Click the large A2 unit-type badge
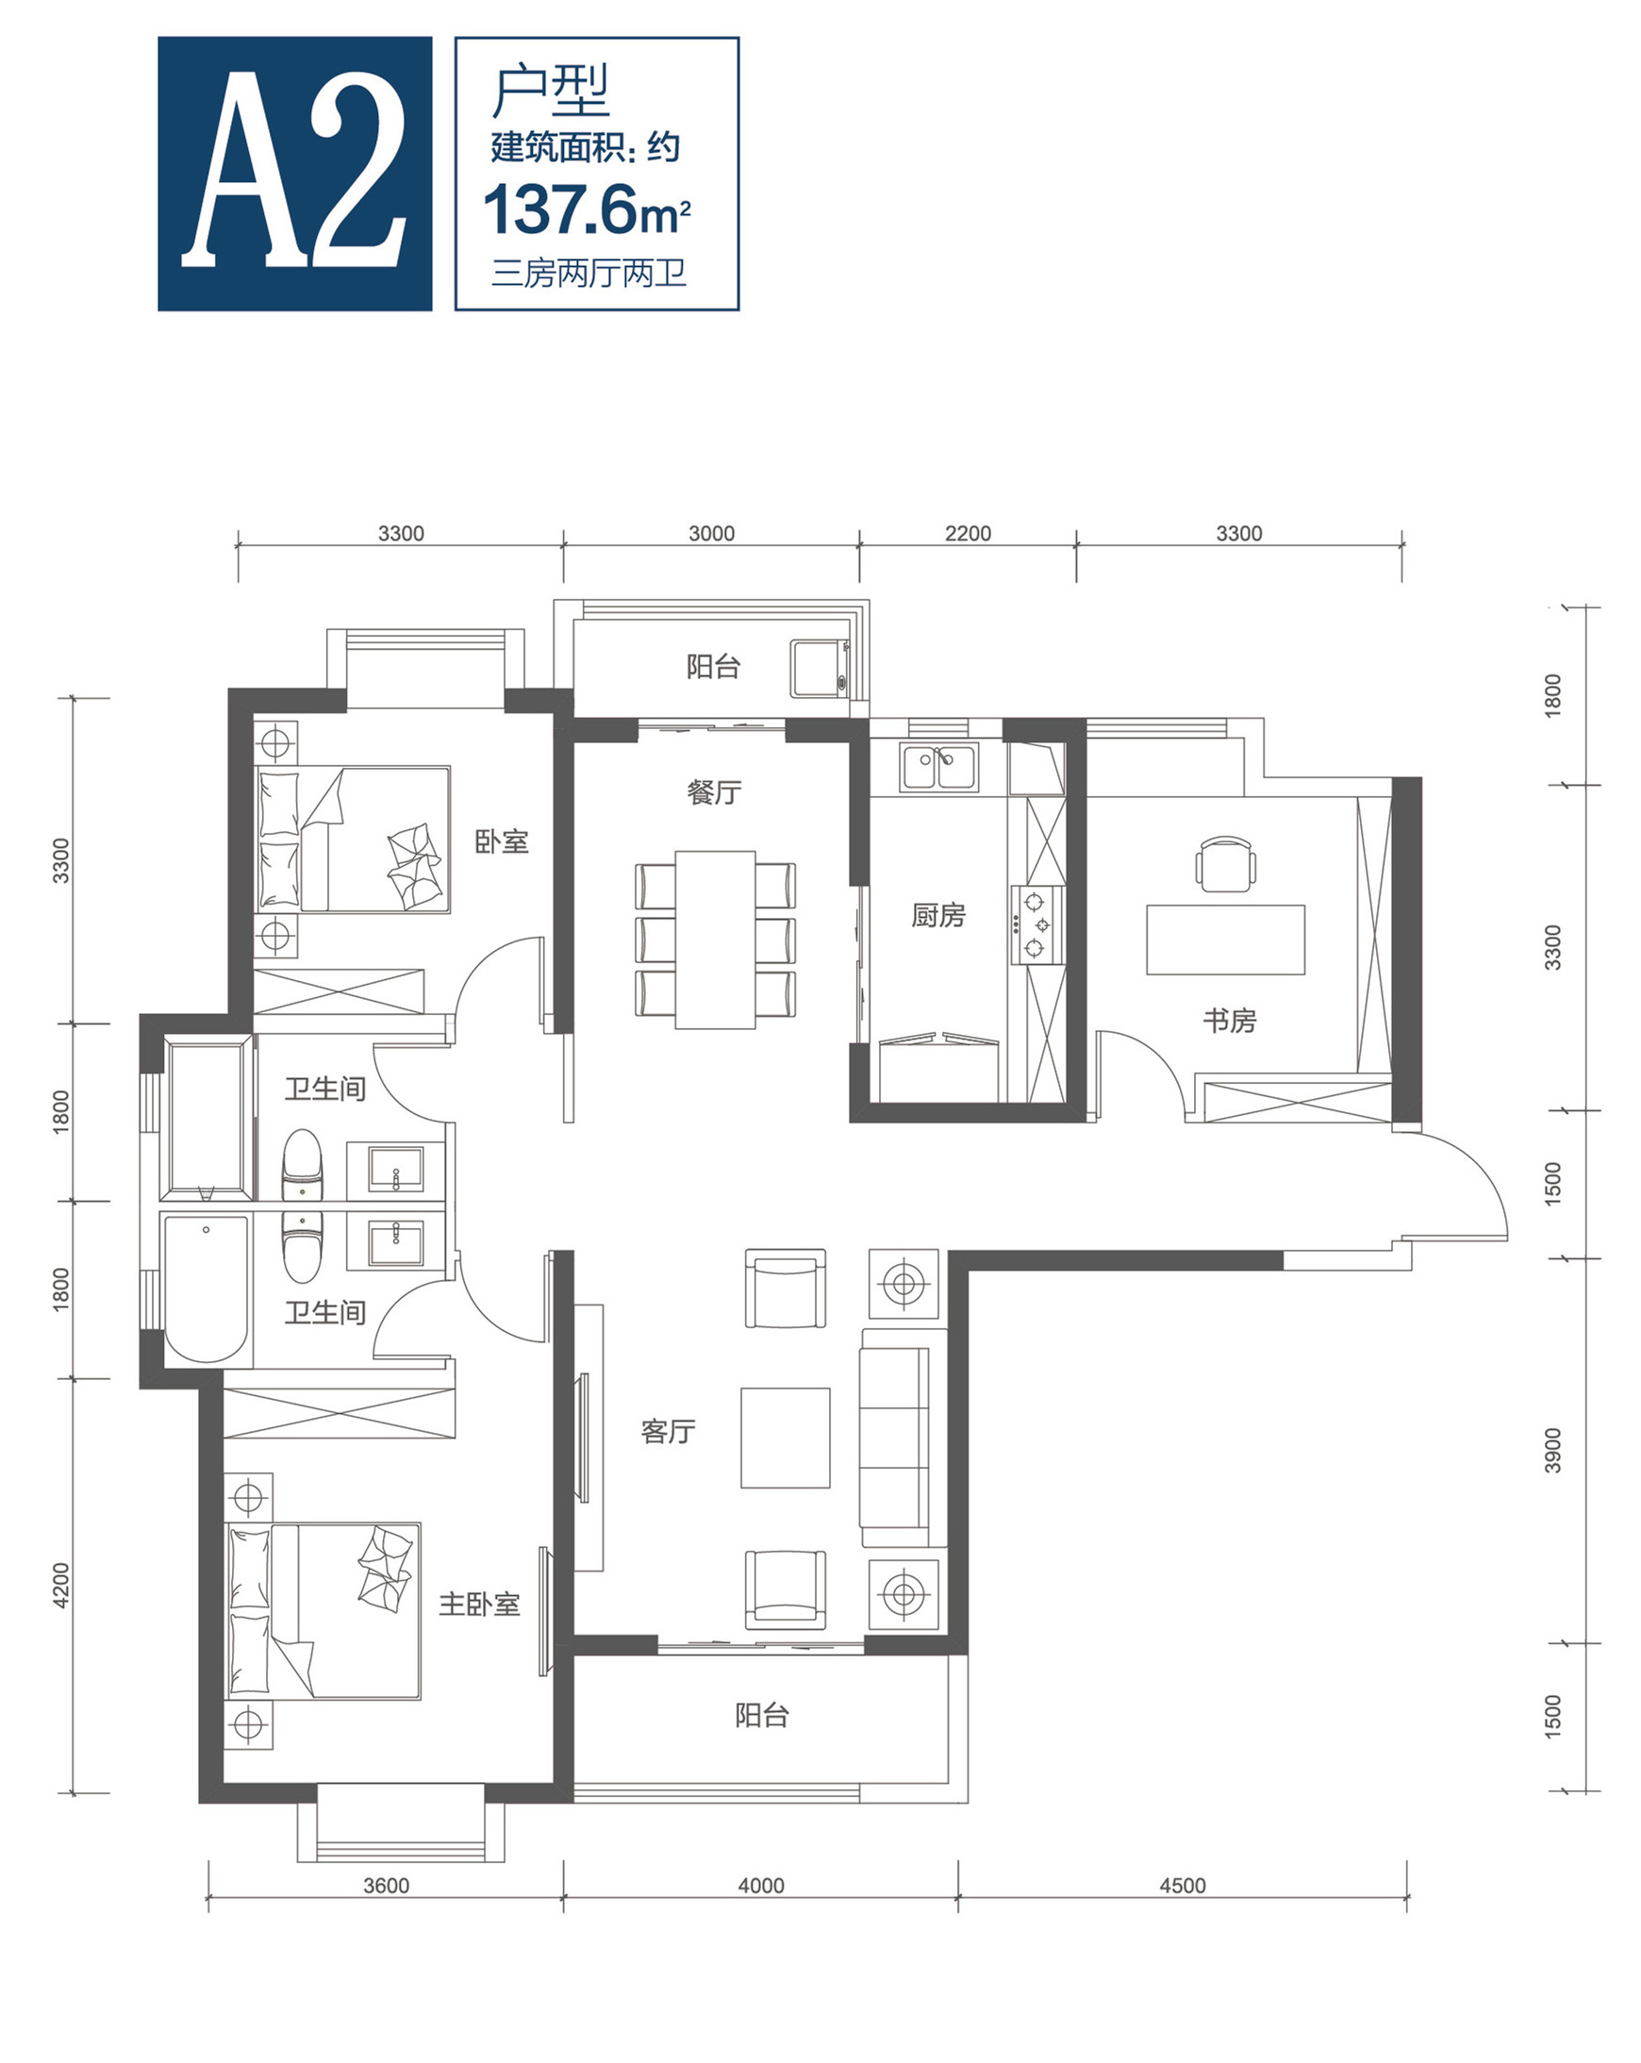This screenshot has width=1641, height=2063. pyautogui.click(x=294, y=174)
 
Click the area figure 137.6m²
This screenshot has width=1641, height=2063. pyautogui.click(x=587, y=209)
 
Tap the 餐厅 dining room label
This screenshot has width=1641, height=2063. pyautogui.click(x=714, y=792)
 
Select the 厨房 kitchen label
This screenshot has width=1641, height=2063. pyautogui.click(x=937, y=916)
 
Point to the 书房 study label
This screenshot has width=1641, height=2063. pyautogui.click(x=1230, y=1021)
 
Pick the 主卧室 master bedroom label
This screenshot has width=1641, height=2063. pyautogui.click(x=478, y=1605)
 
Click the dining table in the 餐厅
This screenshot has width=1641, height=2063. pyautogui.click(x=715, y=940)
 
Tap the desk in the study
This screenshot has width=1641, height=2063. pyautogui.click(x=1225, y=940)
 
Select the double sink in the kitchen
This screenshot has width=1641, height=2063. pyautogui.click(x=937, y=768)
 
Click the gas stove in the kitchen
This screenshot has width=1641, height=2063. pyautogui.click(x=1037, y=925)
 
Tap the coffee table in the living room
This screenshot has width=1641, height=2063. pyautogui.click(x=785, y=1439)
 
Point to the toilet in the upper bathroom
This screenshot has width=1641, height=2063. pyautogui.click(x=303, y=1163)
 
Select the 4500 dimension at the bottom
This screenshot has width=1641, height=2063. pyautogui.click(x=1182, y=1885)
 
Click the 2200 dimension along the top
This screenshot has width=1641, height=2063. pyautogui.click(x=968, y=533)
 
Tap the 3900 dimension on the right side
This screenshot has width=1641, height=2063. pyautogui.click(x=1552, y=1451)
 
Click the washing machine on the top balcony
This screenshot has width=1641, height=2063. pyautogui.click(x=820, y=668)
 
